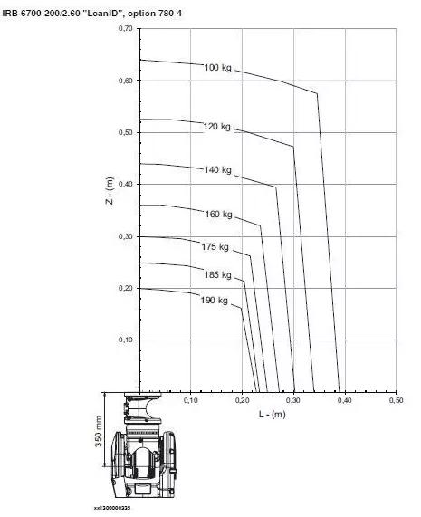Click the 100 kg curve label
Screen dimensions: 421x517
pyautogui.click(x=217, y=68)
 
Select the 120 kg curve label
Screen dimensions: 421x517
pyautogui.click(x=216, y=127)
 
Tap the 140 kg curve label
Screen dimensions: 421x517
pyautogui.click(x=217, y=170)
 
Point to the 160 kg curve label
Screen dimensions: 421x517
pyautogui.click(x=218, y=215)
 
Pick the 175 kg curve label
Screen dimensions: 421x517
pyautogui.click(x=215, y=247)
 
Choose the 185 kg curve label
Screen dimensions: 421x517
pyautogui.click(x=217, y=275)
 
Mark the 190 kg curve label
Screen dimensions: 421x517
pyautogui.click(x=214, y=301)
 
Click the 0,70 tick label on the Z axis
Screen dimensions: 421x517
pyautogui.click(x=125, y=28)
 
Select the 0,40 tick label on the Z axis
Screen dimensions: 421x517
pyautogui.click(x=125, y=184)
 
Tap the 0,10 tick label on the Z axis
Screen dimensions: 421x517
pyautogui.click(x=125, y=340)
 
